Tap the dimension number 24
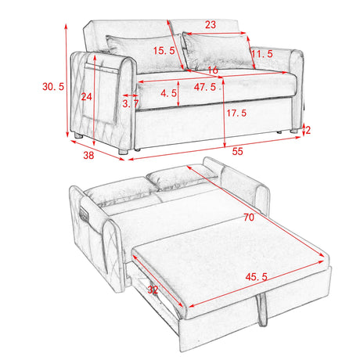pos(86,97)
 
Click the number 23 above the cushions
pos(211,25)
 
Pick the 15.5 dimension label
pos(164,51)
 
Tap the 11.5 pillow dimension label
pos(261,53)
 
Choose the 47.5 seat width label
pos(206,87)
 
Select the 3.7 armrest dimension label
pos(131,103)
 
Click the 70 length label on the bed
pos(248,218)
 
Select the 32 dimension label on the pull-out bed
pos(153,289)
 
